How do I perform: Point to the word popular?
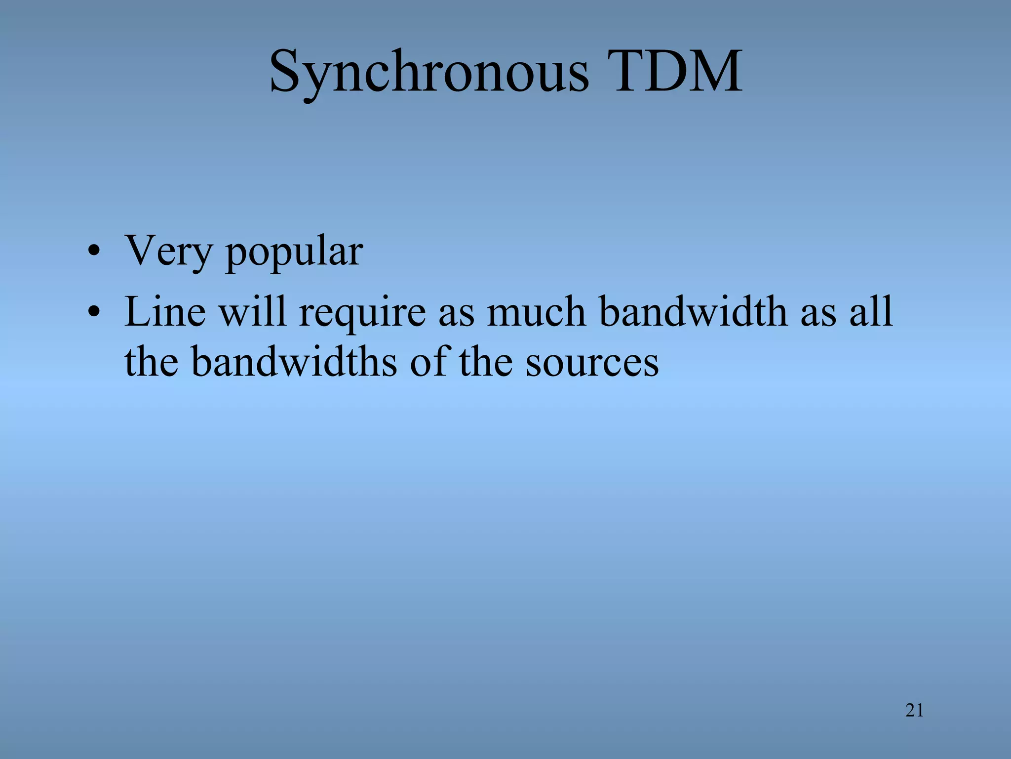(x=294, y=253)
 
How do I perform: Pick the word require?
(x=362, y=314)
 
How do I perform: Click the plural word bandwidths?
(x=294, y=361)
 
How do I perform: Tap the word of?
(x=428, y=361)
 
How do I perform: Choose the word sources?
(x=592, y=363)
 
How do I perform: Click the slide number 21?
(x=914, y=711)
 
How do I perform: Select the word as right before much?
(x=456, y=314)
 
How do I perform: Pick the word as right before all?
(x=818, y=314)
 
